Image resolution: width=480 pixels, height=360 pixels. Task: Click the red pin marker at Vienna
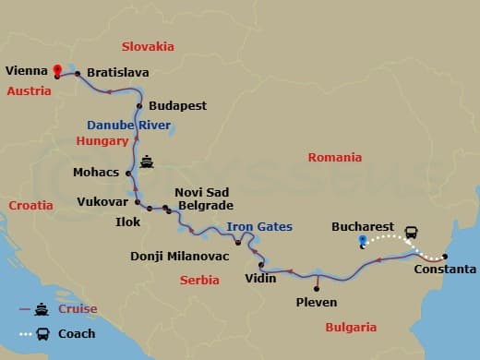click(x=57, y=70)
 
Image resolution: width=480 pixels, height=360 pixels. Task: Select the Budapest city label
click(x=177, y=106)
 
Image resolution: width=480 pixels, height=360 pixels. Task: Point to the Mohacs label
click(x=96, y=173)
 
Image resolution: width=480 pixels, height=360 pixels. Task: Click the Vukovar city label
click(x=102, y=200)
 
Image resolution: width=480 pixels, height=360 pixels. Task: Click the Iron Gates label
click(x=259, y=227)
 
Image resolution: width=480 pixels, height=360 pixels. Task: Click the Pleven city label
click(x=317, y=302)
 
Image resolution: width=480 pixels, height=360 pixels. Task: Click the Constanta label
click(x=446, y=270)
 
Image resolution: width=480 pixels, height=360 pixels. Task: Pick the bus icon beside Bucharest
click(x=411, y=231)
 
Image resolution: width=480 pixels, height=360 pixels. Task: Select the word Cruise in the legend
click(x=78, y=309)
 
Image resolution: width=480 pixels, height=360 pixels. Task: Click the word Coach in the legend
click(x=77, y=333)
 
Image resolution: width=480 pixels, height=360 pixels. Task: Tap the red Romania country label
click(x=336, y=158)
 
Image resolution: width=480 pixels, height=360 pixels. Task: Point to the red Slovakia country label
click(x=150, y=45)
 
